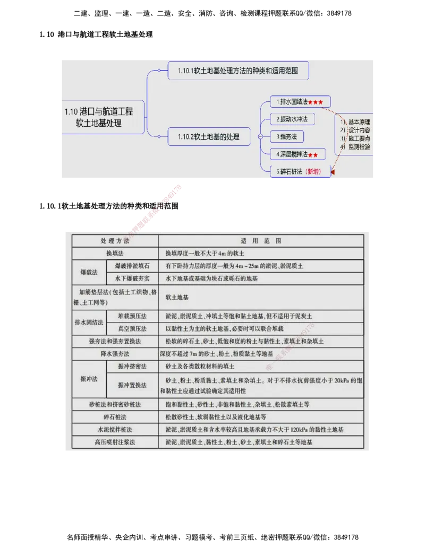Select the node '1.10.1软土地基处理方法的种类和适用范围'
pos(238,70)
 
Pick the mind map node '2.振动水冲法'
pos(292,119)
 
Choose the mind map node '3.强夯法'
pos(286,137)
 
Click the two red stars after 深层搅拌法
pos(313,155)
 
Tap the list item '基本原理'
pos(360,121)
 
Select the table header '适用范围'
pos(260,241)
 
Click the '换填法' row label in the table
pos(115,254)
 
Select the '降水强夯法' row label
pos(115,354)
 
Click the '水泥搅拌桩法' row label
pos(115,430)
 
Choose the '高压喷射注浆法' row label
pos(115,442)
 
